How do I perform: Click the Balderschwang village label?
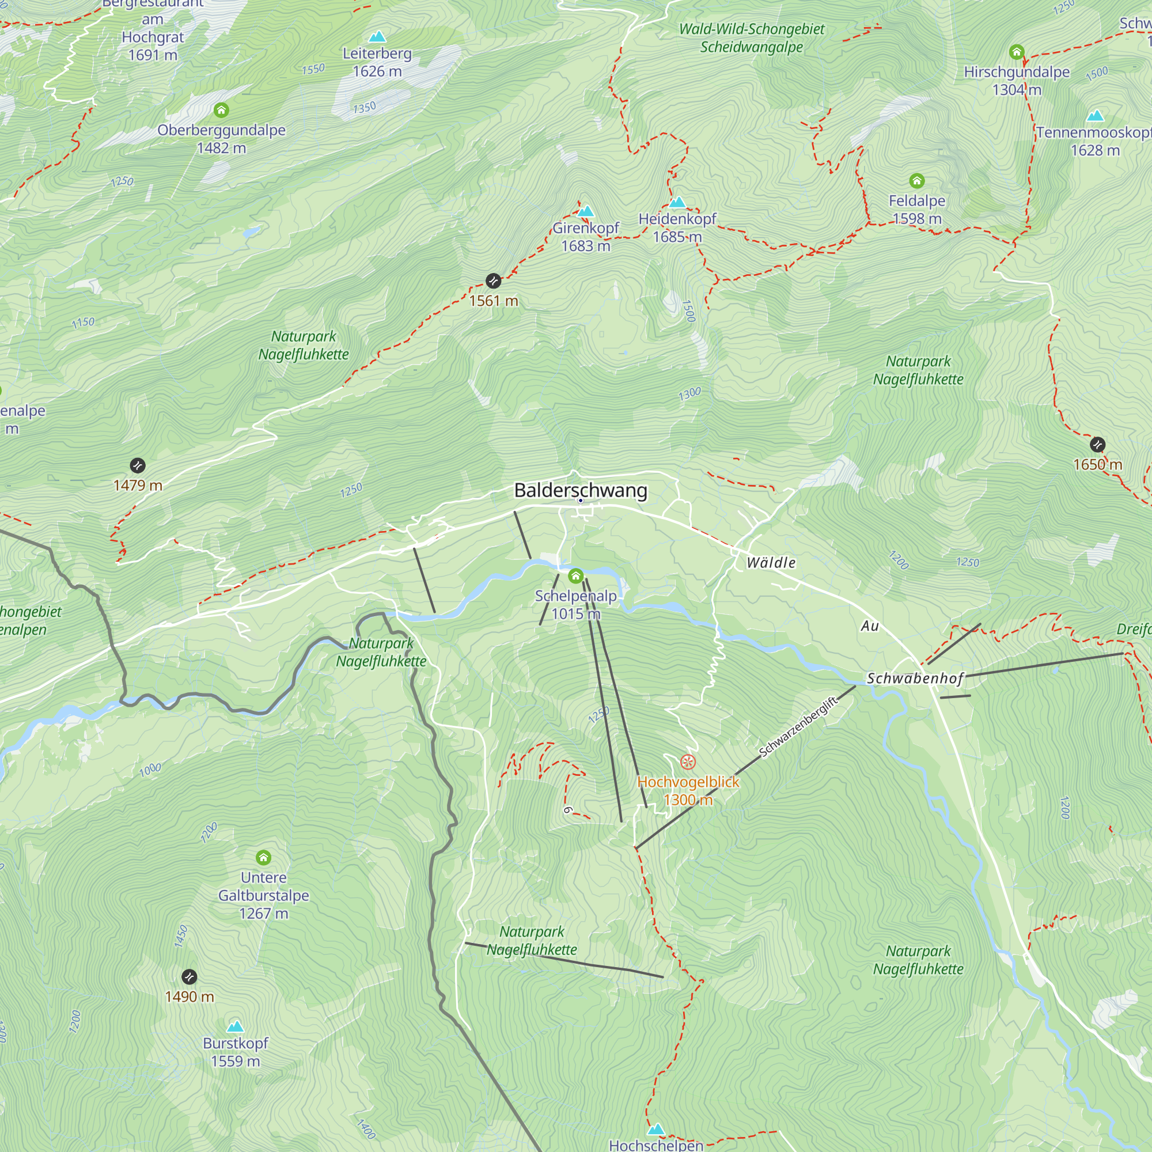point(580,490)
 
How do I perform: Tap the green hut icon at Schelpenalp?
point(575,576)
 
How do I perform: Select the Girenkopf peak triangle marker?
point(586,211)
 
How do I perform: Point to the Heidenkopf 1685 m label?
point(677,228)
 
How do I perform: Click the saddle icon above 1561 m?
point(493,281)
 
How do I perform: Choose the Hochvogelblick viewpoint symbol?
point(688,762)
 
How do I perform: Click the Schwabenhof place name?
point(915,679)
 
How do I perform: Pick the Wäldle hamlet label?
point(771,562)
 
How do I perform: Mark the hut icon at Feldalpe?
point(916,181)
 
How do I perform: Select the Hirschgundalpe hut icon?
point(1017,52)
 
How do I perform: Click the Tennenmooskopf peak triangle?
point(1096,116)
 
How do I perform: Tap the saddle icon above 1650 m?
point(1098,445)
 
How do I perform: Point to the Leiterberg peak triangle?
point(377,37)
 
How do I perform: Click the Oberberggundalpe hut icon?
point(221,111)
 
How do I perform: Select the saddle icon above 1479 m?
point(138,465)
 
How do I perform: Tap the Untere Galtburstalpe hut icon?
point(264,858)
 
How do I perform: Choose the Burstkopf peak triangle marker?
point(236,1026)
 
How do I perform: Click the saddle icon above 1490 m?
point(189,977)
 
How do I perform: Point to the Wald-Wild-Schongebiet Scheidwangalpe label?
point(751,37)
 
